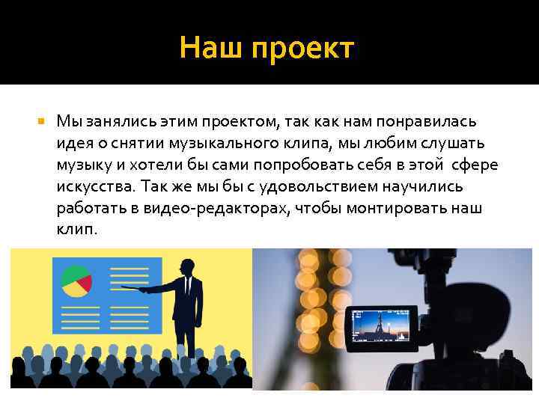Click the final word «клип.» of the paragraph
[76, 229]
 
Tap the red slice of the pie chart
[85, 283]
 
